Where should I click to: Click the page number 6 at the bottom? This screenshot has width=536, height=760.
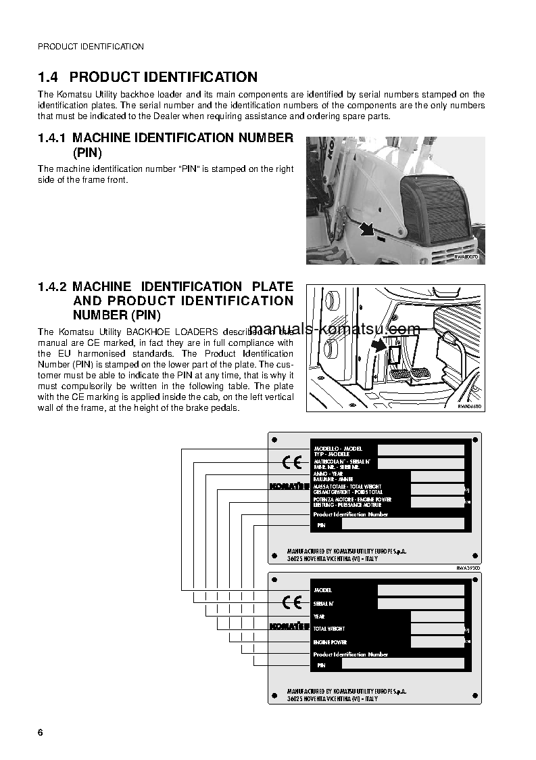click(x=41, y=733)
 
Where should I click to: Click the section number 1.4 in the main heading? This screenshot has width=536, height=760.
click(x=49, y=77)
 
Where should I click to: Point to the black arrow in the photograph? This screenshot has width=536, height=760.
click(x=366, y=229)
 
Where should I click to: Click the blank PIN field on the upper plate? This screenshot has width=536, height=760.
click(x=403, y=524)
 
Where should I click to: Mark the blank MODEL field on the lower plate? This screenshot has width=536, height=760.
click(x=420, y=590)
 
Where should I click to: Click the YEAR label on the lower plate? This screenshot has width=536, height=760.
click(x=319, y=617)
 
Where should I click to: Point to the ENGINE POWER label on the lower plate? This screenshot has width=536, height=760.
click(x=330, y=642)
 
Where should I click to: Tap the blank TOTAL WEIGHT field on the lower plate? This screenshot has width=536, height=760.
click(x=437, y=629)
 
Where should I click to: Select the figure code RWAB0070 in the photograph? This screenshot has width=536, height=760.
click(x=466, y=257)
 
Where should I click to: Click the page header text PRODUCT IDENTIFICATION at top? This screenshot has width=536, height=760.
click(x=91, y=47)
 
